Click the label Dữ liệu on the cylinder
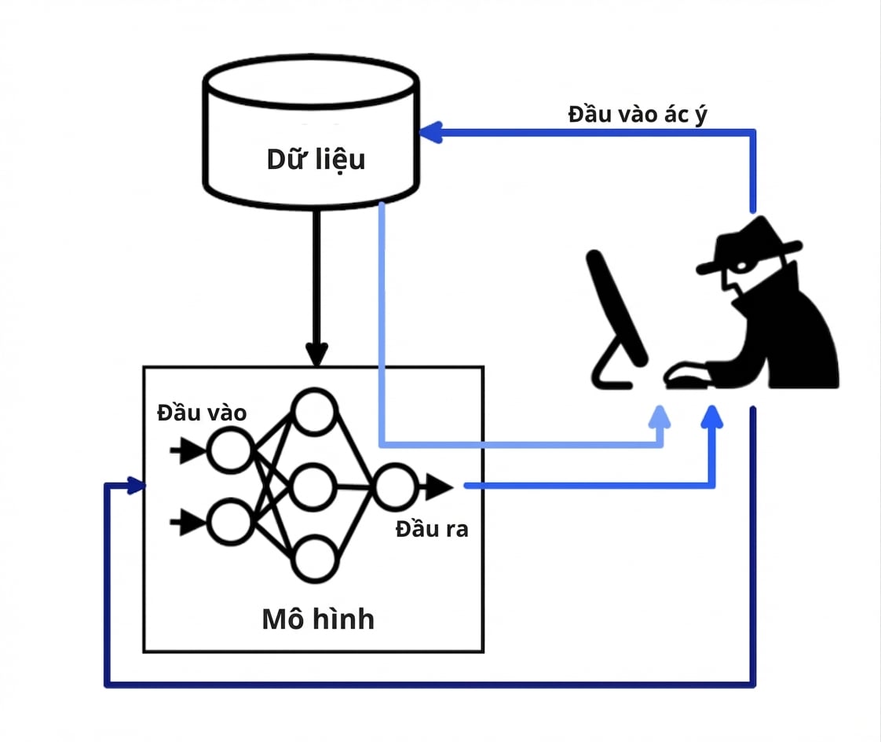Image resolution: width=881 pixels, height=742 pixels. click(x=316, y=160)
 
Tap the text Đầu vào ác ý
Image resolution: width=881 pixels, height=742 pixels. click(x=637, y=115)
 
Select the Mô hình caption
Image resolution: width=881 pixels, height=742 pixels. click(x=318, y=619)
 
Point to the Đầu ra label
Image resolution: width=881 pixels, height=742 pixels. click(x=432, y=529)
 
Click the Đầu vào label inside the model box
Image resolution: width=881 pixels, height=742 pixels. click(x=202, y=413)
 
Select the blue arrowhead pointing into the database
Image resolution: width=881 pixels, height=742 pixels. click(x=432, y=133)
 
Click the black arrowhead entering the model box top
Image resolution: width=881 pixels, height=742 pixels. click(x=317, y=354)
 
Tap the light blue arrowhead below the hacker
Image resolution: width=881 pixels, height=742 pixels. click(x=660, y=417)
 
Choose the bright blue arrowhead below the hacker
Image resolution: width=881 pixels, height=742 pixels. click(x=712, y=417)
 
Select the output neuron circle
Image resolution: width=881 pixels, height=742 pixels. click(x=396, y=487)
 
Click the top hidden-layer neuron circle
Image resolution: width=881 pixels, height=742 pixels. click(x=314, y=412)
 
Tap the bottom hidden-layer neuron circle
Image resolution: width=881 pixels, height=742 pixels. click(x=315, y=559)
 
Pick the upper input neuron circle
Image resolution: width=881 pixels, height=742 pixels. click(x=230, y=450)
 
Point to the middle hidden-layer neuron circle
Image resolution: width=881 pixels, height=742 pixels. click(x=314, y=487)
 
